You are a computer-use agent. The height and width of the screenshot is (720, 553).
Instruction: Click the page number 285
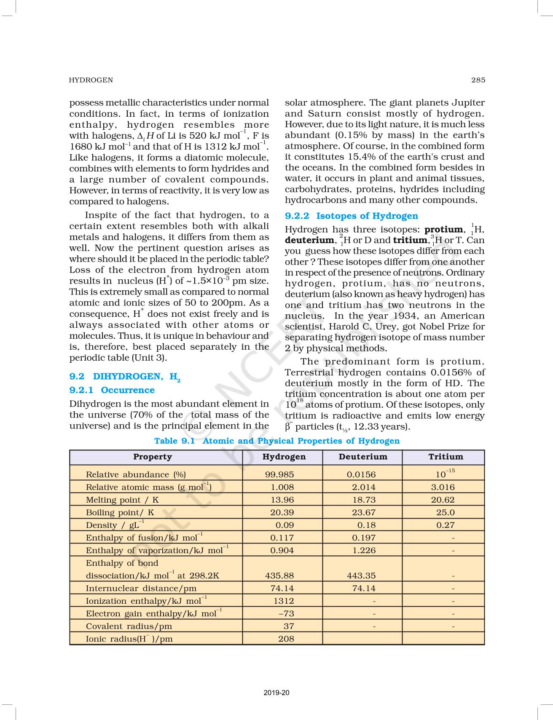[478, 80]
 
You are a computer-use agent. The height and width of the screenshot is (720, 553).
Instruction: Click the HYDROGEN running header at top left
[91, 80]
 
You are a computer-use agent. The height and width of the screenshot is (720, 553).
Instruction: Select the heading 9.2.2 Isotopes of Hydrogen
[351, 216]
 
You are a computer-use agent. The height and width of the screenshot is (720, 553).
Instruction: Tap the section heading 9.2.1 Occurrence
[112, 390]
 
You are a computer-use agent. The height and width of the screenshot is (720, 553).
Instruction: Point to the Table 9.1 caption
[276, 441]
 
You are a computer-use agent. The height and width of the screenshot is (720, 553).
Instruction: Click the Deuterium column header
[362, 457]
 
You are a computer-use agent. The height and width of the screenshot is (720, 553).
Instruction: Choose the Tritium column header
[445, 457]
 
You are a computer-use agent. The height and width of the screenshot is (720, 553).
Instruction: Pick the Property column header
[153, 457]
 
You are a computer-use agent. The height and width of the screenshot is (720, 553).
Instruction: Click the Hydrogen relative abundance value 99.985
[279, 474]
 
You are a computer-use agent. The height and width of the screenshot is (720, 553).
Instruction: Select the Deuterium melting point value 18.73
[364, 500]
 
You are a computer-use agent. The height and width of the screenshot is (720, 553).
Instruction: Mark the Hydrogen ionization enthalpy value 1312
[284, 601]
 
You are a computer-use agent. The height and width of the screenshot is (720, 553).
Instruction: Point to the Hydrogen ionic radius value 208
[286, 639]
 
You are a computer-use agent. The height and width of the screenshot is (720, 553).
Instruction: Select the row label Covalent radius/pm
[129, 626]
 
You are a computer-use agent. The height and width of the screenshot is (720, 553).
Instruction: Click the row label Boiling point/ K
[120, 513]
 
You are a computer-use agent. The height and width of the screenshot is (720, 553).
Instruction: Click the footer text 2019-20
[276, 693]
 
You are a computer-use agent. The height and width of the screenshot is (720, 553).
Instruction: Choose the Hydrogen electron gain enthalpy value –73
[287, 614]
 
